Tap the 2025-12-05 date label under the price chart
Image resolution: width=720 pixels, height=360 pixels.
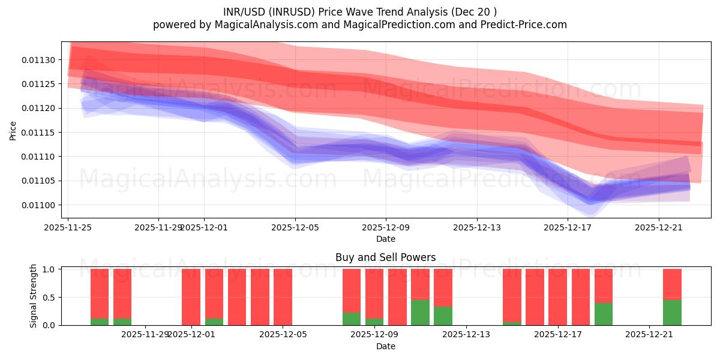(x=295, y=227)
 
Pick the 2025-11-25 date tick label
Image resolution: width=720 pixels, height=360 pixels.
(x=68, y=227)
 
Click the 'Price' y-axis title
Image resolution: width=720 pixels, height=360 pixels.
(x=13, y=130)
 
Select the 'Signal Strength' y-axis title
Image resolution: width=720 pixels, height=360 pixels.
(x=34, y=296)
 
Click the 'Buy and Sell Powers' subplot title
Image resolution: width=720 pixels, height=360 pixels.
(x=385, y=257)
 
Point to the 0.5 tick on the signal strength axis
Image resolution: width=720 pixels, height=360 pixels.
(x=50, y=297)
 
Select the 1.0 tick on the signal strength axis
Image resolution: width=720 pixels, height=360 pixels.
(x=50, y=269)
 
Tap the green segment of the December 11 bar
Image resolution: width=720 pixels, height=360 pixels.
(x=420, y=313)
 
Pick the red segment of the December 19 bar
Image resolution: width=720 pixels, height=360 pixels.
(x=604, y=286)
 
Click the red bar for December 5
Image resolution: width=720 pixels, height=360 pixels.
(x=283, y=297)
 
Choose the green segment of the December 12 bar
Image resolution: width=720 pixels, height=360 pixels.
(x=443, y=316)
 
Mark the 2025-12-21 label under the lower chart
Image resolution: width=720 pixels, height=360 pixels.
(x=649, y=334)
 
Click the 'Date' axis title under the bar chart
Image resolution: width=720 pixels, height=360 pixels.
(x=385, y=346)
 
